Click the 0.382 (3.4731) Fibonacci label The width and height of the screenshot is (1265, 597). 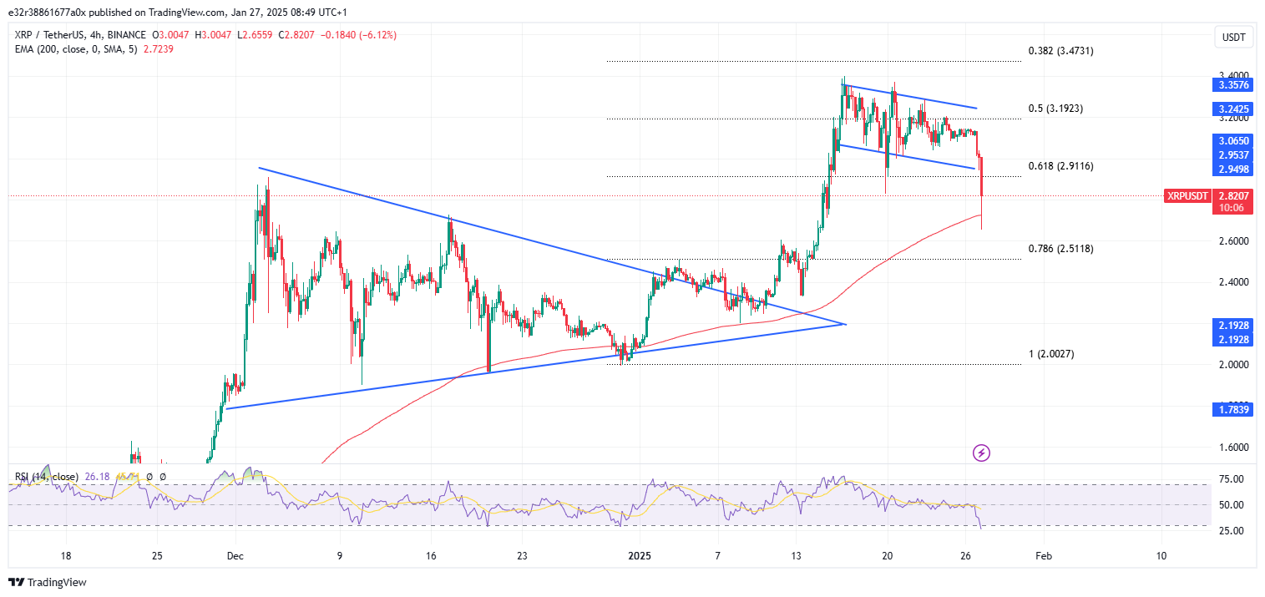pyautogui.click(x=1060, y=51)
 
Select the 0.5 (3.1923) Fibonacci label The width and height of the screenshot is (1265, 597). pyautogui.click(x=1055, y=109)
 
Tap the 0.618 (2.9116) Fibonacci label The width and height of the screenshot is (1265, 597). pyautogui.click(x=1060, y=166)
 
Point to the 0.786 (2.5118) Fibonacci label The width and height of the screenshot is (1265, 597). pyautogui.click(x=1060, y=249)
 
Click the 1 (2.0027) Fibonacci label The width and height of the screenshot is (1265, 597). pyautogui.click(x=1050, y=354)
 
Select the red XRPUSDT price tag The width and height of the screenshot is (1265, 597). pyautogui.click(x=1187, y=195)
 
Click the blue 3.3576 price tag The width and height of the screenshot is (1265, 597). pyautogui.click(x=1233, y=85)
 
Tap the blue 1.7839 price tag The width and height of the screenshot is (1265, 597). pyautogui.click(x=1233, y=409)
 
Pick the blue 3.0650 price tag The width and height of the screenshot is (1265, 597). pyautogui.click(x=1233, y=141)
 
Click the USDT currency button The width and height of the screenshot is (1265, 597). pyautogui.click(x=1232, y=37)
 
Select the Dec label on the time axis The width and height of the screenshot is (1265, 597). pyautogui.click(x=235, y=556)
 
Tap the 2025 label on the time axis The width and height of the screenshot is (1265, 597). pyautogui.click(x=640, y=556)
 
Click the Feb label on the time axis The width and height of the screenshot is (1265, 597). pyautogui.click(x=1041, y=556)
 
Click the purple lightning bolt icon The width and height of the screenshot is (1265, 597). pyautogui.click(x=982, y=453)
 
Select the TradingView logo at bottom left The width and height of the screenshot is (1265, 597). pyautogui.click(x=48, y=582)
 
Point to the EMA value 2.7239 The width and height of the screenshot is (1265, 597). pyautogui.click(x=159, y=48)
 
